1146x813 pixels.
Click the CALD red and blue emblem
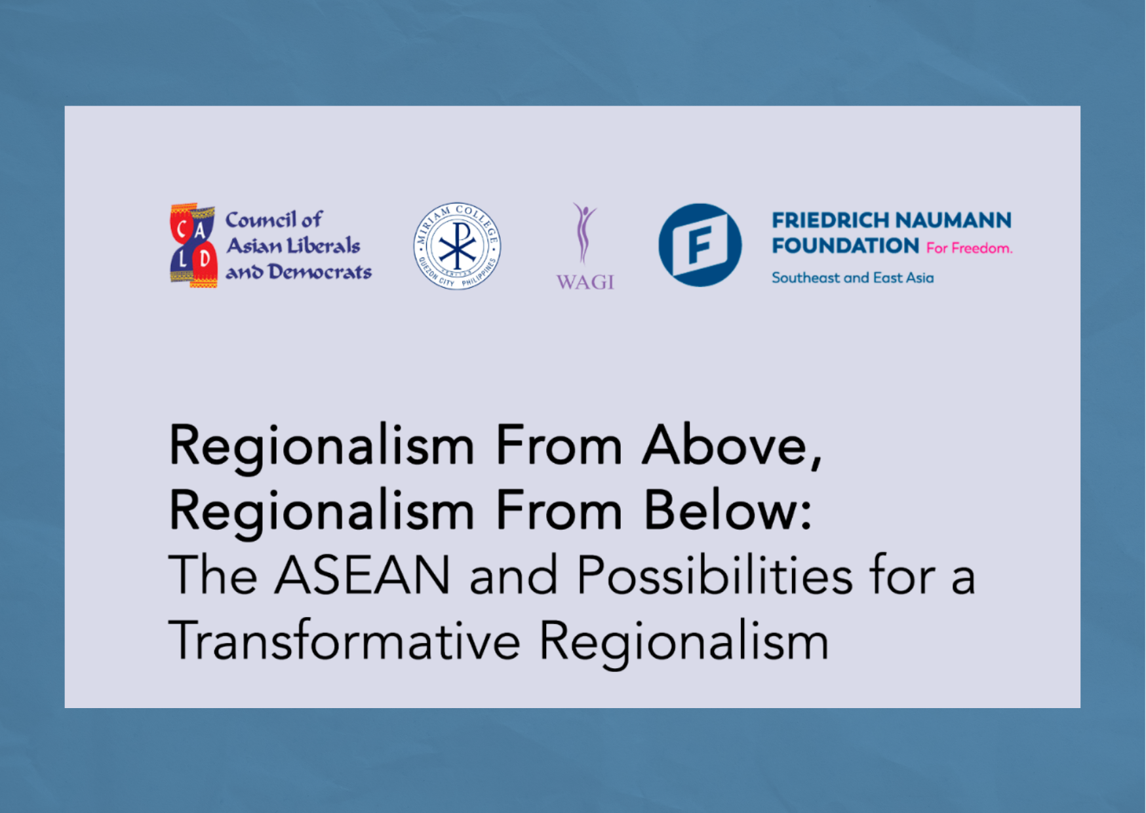[193, 245]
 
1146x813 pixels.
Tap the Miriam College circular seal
[457, 246]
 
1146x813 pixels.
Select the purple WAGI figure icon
[583, 232]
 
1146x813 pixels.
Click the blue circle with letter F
[700, 245]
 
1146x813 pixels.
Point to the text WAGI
[585, 282]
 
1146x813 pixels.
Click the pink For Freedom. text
[969, 248]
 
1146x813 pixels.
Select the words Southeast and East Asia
[852, 277]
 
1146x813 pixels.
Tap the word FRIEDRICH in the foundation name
[830, 220]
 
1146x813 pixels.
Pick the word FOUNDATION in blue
[845, 246]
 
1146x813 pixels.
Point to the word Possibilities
[715, 576]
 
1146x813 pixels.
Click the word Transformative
[344, 641]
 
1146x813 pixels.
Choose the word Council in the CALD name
[260, 220]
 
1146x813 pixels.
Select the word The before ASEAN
[212, 576]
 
